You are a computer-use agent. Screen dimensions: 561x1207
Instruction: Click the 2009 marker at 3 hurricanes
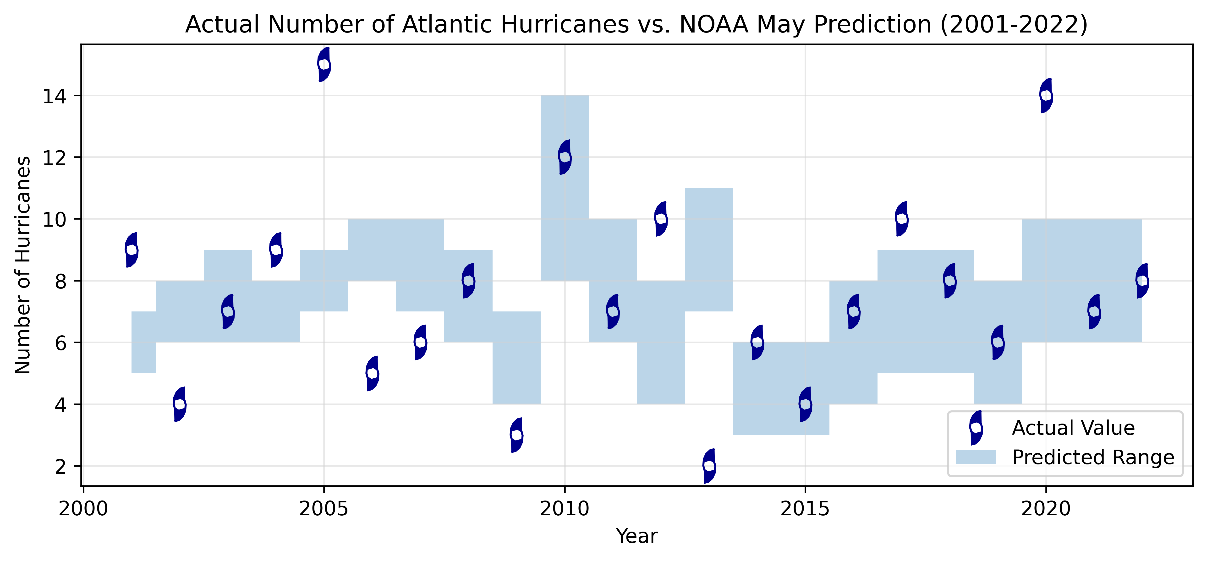pos(516,435)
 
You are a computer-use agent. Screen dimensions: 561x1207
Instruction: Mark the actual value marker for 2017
pos(901,219)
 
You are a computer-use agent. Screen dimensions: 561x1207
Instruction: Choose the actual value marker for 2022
pos(1142,281)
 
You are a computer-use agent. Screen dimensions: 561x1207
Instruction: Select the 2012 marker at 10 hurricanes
pos(661,219)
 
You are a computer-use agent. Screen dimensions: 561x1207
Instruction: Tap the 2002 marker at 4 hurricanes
pos(180,404)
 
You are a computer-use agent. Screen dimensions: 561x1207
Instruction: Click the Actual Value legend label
pos(1073,428)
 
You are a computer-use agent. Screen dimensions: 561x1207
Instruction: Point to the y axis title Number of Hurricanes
pos(22,265)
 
